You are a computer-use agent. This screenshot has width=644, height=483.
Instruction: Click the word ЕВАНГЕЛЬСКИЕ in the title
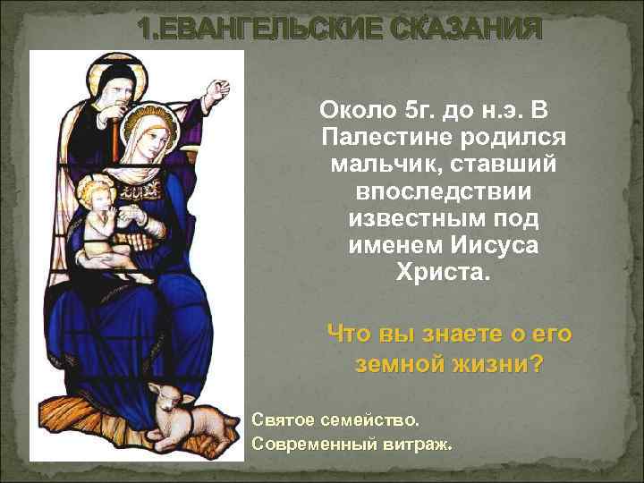coord(259,30)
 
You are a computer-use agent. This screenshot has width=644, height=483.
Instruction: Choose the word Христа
coord(444,271)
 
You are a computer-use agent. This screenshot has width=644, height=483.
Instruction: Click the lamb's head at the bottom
coord(163,393)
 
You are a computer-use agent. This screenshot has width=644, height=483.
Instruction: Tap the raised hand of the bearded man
coord(215,89)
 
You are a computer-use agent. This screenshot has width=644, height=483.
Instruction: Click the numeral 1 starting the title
coord(146,30)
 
